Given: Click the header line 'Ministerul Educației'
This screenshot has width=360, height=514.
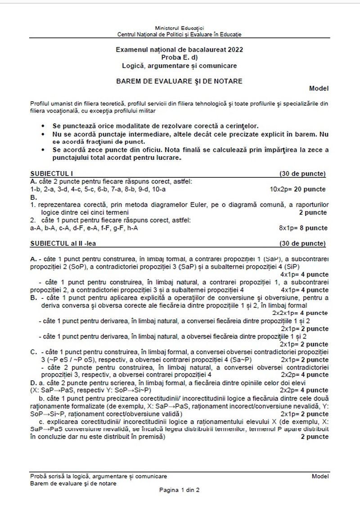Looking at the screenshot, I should [179, 28].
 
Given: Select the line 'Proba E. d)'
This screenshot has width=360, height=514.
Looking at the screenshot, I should [179, 57].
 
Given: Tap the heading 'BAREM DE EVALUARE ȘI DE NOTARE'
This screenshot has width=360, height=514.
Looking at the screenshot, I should [179, 81].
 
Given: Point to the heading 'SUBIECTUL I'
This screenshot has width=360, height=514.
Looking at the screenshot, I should [51, 173].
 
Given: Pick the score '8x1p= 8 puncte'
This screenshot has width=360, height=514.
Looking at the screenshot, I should [303, 228].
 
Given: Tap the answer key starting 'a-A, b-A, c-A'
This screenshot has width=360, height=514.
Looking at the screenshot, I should [84, 228].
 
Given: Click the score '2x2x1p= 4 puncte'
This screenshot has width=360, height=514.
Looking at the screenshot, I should [300, 312].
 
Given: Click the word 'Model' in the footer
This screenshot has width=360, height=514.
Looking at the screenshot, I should [320, 476].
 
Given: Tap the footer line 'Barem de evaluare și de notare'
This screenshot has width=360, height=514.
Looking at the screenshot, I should [73, 483].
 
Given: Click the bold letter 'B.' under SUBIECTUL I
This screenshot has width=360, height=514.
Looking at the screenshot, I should [33, 197].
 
